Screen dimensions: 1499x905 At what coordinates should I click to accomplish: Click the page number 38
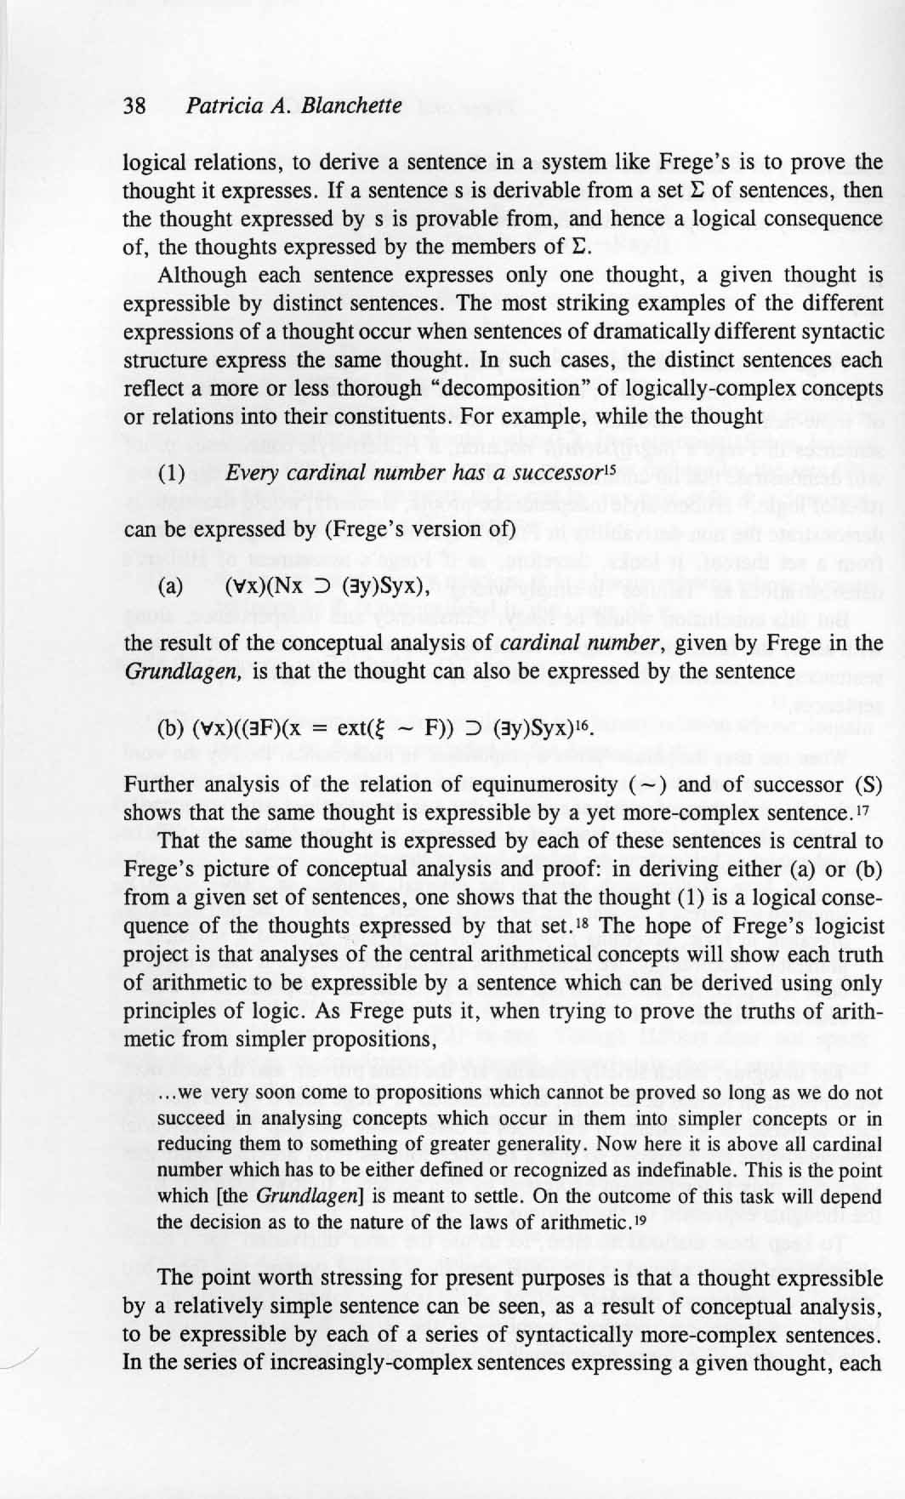pyautogui.click(x=134, y=105)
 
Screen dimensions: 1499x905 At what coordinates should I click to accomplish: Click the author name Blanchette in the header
pyautogui.click(x=351, y=105)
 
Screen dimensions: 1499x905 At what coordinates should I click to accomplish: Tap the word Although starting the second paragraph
pyautogui.click(x=202, y=276)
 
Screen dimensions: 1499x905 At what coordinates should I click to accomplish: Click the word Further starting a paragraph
pyautogui.click(x=158, y=784)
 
